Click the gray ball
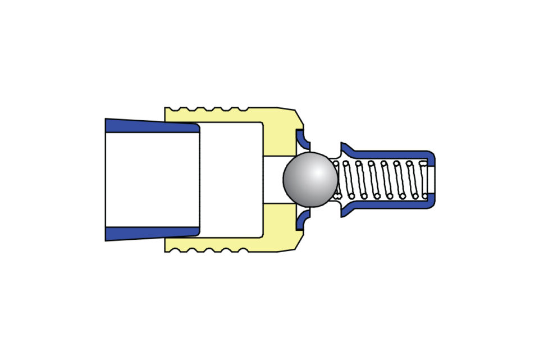(x=310, y=179)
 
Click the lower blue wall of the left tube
(x=152, y=233)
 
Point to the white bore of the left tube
(x=152, y=180)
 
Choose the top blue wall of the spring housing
(x=387, y=154)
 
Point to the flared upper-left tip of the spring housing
(x=344, y=147)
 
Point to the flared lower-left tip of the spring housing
(x=344, y=212)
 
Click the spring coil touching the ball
(x=336, y=179)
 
